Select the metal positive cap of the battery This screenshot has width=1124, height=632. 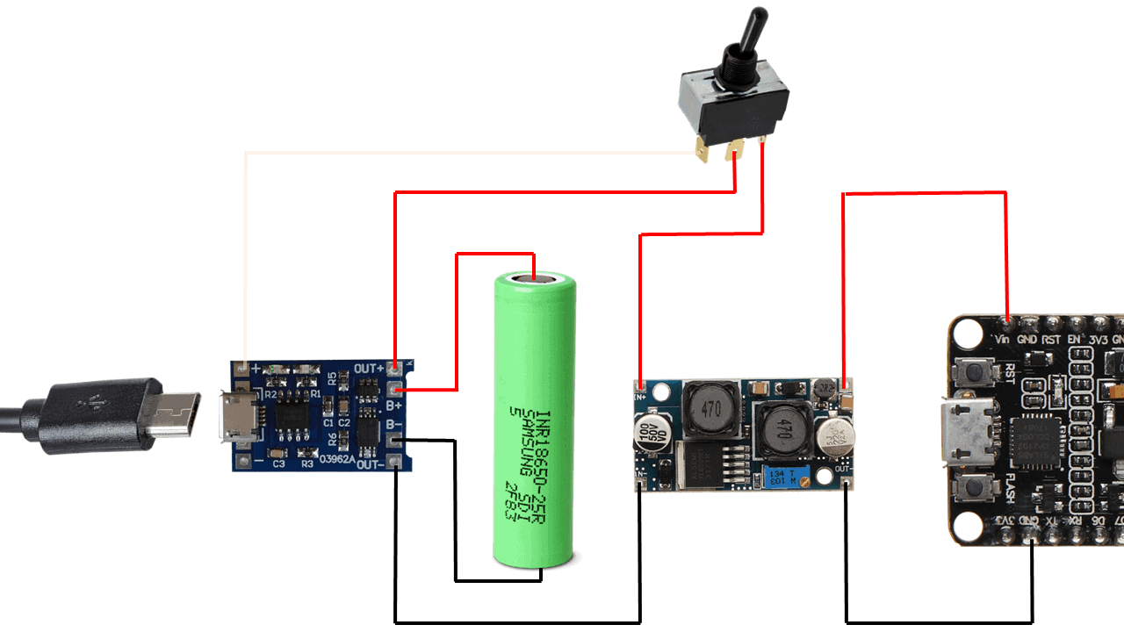coord(533,278)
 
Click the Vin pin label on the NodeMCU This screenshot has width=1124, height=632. coord(1002,339)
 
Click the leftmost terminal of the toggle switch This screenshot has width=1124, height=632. coord(701,151)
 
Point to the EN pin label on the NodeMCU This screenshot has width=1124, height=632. coord(1073,339)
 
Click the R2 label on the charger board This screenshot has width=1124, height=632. coord(271,396)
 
